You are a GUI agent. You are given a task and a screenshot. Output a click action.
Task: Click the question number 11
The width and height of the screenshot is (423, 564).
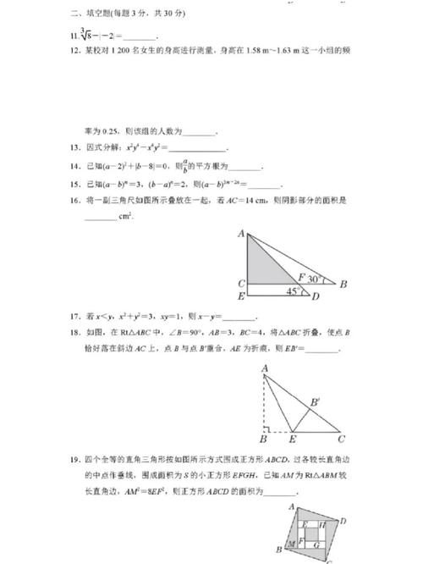pos(76,36)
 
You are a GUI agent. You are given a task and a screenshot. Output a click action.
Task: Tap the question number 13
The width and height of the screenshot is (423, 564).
pos(76,147)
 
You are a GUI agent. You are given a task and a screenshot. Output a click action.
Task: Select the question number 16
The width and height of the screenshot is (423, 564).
pos(76,201)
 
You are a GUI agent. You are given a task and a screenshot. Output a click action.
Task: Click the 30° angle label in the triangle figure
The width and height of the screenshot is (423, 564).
pos(316,278)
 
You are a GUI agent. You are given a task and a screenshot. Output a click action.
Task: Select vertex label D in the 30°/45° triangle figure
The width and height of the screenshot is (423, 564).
pos(315,296)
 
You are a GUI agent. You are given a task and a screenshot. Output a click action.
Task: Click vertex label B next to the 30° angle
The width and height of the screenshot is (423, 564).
pos(343,284)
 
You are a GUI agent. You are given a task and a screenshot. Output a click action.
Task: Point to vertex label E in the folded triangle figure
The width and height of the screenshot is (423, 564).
pos(293,440)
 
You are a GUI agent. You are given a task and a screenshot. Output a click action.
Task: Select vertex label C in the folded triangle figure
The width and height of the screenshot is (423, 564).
pos(340,440)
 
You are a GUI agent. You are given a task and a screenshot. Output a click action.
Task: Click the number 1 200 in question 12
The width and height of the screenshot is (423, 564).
pos(130,51)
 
